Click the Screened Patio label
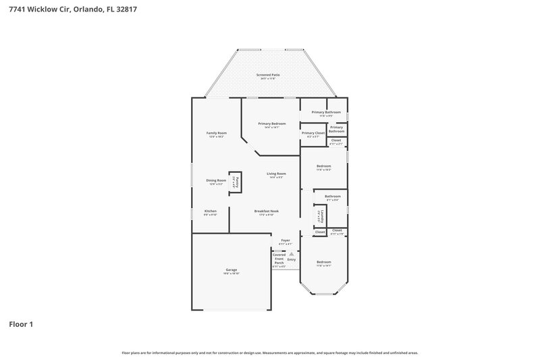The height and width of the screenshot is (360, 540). pos(268,76)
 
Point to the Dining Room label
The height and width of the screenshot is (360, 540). pos(216,181)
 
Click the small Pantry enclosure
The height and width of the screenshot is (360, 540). pos(236,182)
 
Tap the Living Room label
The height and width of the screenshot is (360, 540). pos(276,176)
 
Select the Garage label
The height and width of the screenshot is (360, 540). pos(232,271)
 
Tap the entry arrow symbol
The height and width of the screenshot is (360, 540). pos(292,255)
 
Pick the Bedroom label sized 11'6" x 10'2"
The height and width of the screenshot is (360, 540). pos(324,167)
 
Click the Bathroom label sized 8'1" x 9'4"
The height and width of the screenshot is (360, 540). pos(333,197)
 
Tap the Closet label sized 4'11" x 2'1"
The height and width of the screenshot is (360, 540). pos(335,142)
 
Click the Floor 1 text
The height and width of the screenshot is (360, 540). pos(21,324)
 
